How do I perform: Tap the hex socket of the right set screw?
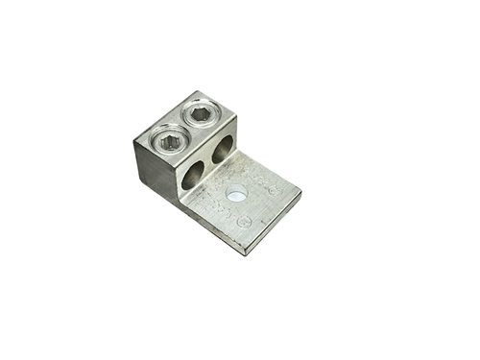200,115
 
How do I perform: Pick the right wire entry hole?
224,151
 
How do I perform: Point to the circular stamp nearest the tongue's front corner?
246,223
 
